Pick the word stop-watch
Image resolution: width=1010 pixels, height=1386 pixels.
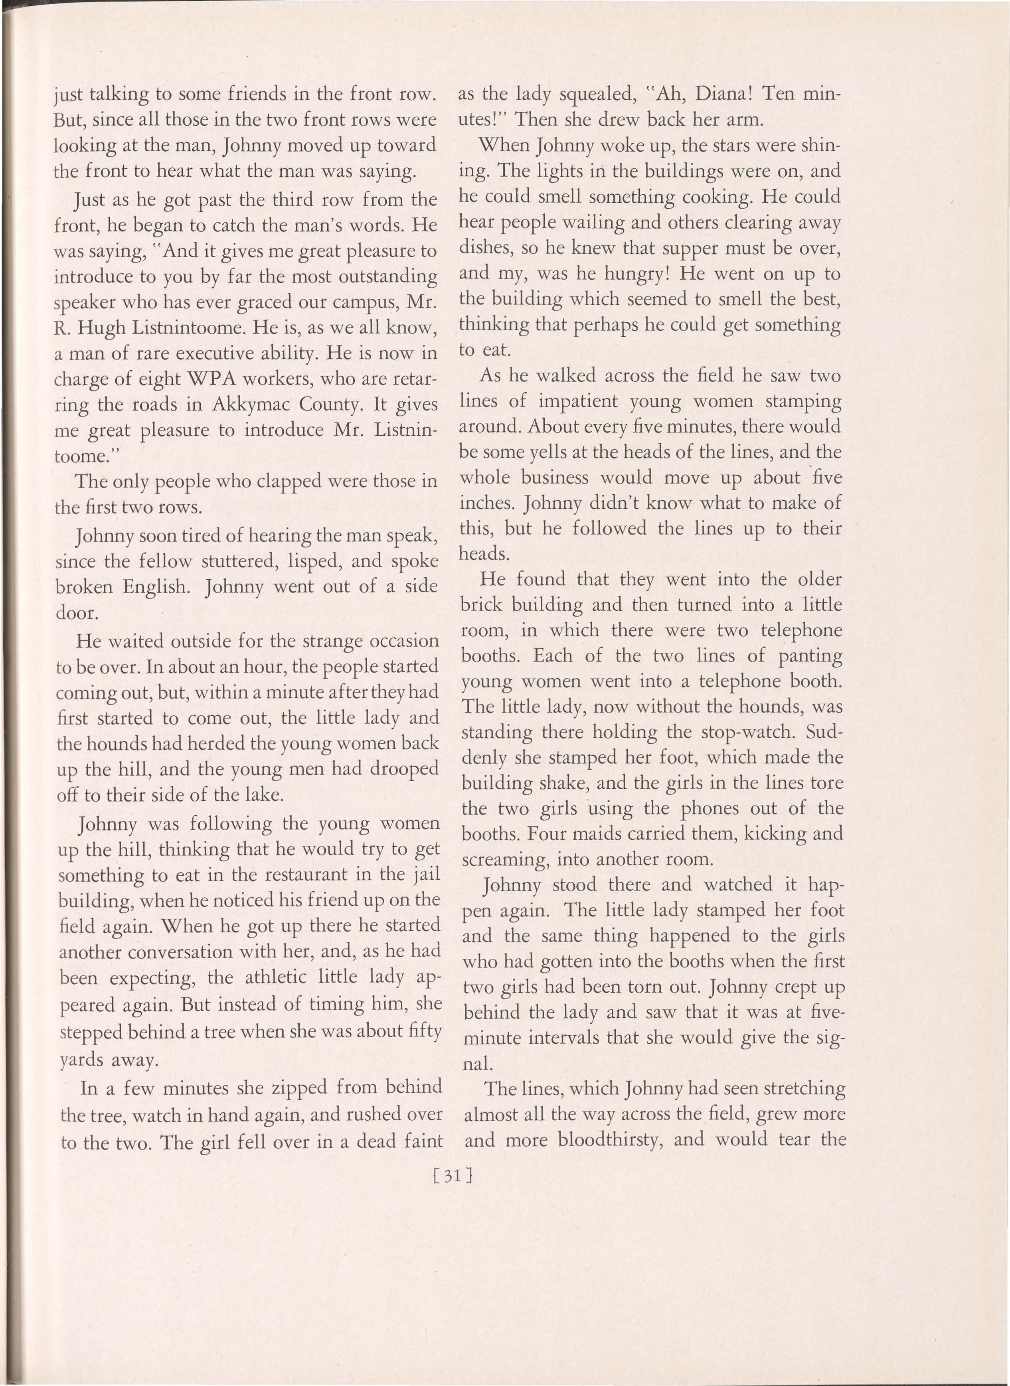pos(749,732)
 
